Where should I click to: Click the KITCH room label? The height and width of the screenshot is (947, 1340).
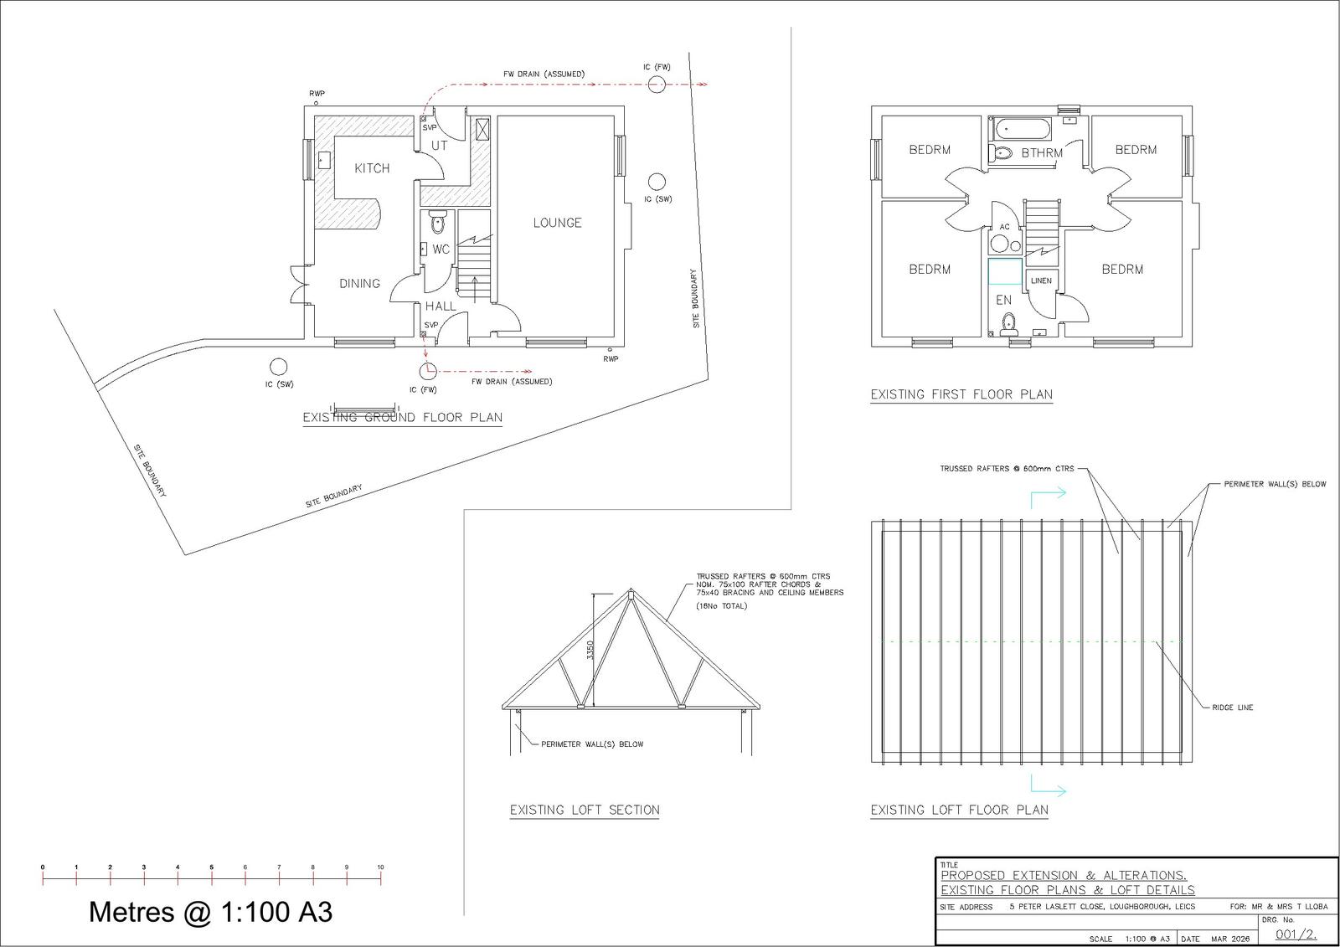coord(372,168)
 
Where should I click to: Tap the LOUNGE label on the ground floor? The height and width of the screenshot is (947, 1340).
coord(557,223)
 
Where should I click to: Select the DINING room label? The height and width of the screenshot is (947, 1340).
coord(359,284)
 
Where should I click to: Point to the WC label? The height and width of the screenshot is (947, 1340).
coord(441,250)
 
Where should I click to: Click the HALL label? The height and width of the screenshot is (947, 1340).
coord(441,306)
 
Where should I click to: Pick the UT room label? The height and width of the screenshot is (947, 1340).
coord(440,146)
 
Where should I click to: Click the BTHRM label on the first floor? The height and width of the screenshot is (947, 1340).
coord(1042,153)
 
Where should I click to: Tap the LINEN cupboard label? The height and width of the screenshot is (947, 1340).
coord(1041,280)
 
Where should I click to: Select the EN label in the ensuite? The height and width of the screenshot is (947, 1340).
coord(1003,301)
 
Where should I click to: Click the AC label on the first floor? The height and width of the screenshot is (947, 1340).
coord(1004,227)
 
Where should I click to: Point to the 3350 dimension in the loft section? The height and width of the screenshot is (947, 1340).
coord(590,651)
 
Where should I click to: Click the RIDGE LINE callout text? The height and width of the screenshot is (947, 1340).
coord(1232,707)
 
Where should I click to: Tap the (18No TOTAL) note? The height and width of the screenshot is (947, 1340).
coord(721,606)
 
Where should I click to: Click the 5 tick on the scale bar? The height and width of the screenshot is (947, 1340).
coord(211,878)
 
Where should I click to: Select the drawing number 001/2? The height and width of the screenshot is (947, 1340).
coord(1296,934)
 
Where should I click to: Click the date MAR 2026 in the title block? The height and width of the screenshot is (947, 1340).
coord(1231,939)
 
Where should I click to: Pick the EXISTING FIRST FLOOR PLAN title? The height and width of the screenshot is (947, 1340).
coord(961,394)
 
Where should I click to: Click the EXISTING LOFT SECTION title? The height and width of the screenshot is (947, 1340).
coord(585,810)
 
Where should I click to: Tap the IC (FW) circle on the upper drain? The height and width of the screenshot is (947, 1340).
coord(657,85)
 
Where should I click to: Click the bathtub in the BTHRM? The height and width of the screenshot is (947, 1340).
coord(1021,129)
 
